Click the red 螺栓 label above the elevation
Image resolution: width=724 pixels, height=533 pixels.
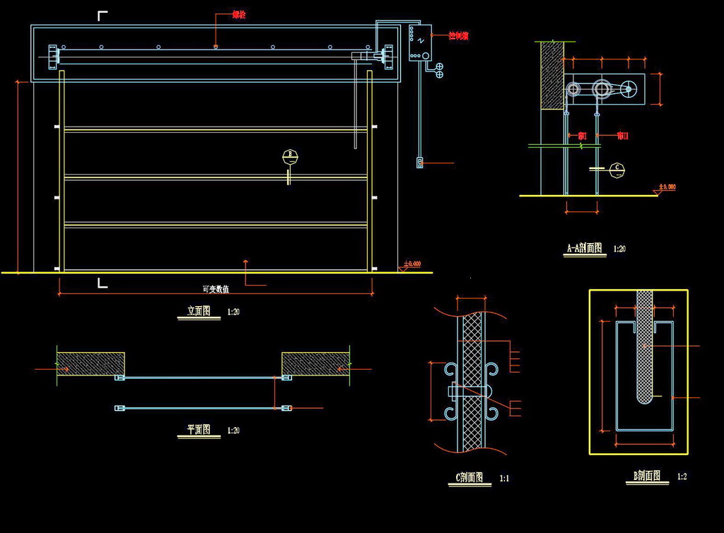[x=239, y=14]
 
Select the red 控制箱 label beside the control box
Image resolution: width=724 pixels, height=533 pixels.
[x=458, y=35]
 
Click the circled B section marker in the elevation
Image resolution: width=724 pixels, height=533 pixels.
[x=290, y=156]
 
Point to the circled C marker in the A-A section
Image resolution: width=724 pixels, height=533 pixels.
[x=617, y=168]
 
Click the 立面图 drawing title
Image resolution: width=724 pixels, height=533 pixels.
[x=199, y=311]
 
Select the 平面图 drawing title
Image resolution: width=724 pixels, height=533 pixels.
[x=199, y=430]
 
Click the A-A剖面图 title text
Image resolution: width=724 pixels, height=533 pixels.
[x=585, y=248]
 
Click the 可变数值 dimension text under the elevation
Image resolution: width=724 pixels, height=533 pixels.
[x=216, y=289]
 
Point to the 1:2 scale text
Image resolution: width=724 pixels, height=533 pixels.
[x=682, y=476]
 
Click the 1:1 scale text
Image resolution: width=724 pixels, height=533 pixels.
[x=504, y=479]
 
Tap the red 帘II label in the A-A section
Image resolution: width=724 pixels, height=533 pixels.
[x=623, y=136]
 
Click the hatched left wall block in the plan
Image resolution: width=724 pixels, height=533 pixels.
[x=91, y=363]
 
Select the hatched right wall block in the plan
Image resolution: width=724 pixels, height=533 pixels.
[x=316, y=363]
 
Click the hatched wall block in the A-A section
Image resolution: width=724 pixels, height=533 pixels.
[x=551, y=75]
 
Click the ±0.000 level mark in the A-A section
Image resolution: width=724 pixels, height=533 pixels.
[x=667, y=187]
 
